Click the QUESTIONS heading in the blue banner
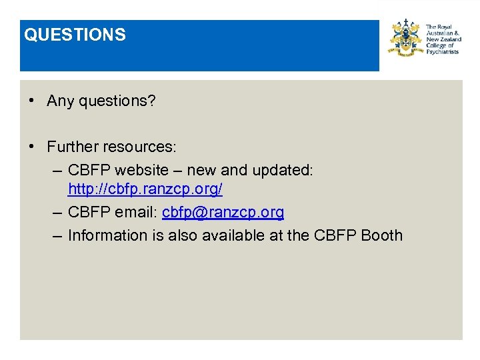click(x=75, y=35)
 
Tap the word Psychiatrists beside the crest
click(x=442, y=51)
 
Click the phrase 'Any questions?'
click(x=101, y=101)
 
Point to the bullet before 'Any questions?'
click(x=31, y=101)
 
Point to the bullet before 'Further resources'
click(x=31, y=146)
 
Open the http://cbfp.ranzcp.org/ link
click(x=145, y=189)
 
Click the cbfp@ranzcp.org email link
click(x=223, y=212)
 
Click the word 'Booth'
click(x=381, y=235)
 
